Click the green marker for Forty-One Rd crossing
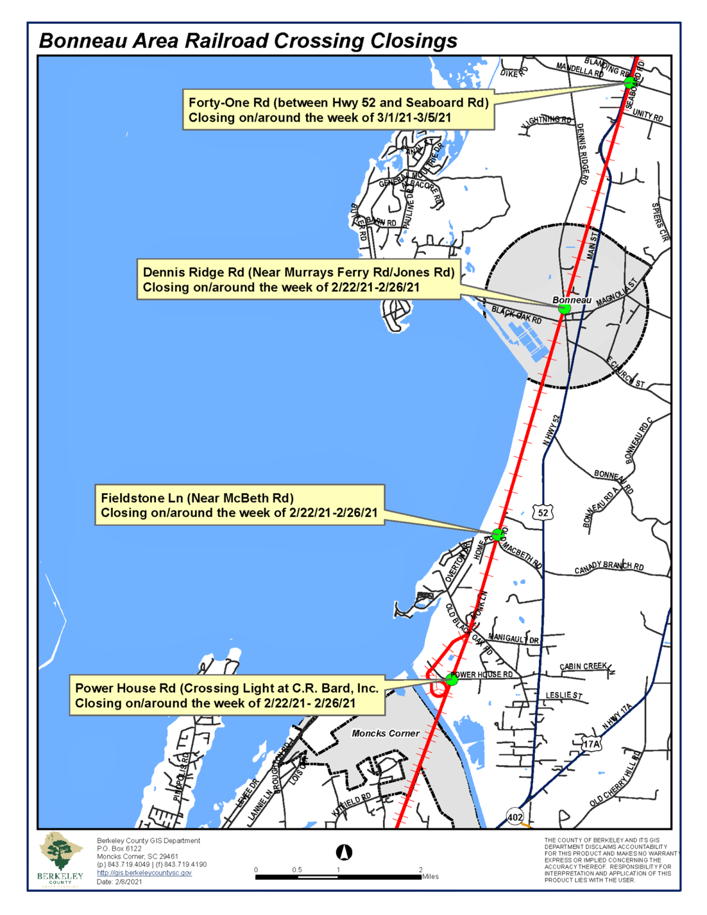coord(629,82)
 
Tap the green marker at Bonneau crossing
coord(564,308)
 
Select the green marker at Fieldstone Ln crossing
coord(497,534)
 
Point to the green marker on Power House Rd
coord(451,679)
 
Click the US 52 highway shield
coord(543,512)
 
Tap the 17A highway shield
coord(591,744)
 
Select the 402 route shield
coord(515,817)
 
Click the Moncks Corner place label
coord(385,733)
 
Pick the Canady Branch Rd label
coord(609,567)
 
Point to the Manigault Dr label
coord(513,639)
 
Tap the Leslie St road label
coord(564,695)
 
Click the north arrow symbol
coord(344,852)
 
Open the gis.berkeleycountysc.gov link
coord(144,873)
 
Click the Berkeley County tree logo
coord(60,853)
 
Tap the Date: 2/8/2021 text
coord(120,882)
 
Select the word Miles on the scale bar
coord(431,876)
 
